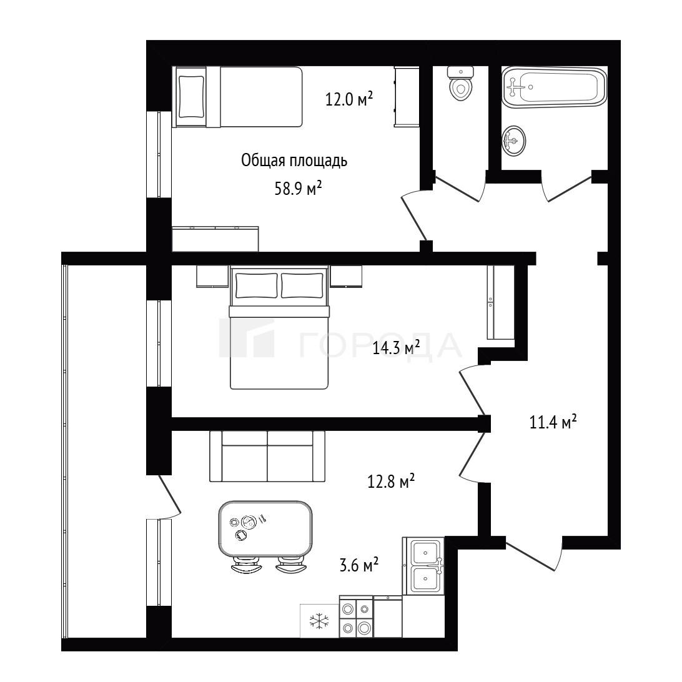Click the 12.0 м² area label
(349, 99)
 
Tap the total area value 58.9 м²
(298, 189)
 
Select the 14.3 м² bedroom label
(396, 347)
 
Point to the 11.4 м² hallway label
(553, 422)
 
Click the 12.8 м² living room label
(391, 481)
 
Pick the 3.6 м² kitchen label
(359, 565)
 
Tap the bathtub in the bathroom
(554, 87)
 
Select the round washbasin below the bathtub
(513, 140)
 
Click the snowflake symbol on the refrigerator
(319, 621)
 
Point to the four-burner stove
(356, 617)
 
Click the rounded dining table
(265, 529)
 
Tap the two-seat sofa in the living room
(267, 457)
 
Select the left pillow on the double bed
(256, 285)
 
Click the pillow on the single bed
(191, 97)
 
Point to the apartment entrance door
(534, 554)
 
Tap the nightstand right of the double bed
(346, 277)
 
